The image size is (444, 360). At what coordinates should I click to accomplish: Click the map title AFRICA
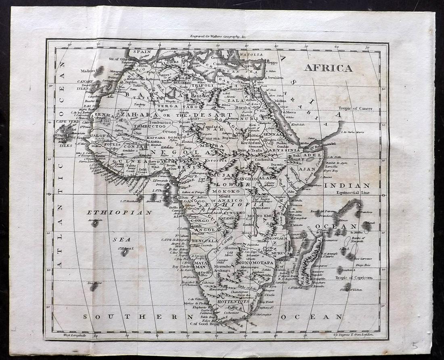pyautogui.click(x=328, y=68)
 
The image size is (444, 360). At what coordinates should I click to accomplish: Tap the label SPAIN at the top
pyautogui.click(x=142, y=52)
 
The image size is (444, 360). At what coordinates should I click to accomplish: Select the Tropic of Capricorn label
pyautogui.click(x=353, y=278)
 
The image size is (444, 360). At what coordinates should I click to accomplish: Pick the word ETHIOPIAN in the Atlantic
pyautogui.click(x=119, y=212)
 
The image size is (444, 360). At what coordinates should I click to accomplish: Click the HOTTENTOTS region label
pyautogui.click(x=232, y=301)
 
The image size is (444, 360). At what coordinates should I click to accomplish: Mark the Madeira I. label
pyautogui.click(x=87, y=71)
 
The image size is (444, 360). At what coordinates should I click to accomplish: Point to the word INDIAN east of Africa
pyautogui.click(x=352, y=185)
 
